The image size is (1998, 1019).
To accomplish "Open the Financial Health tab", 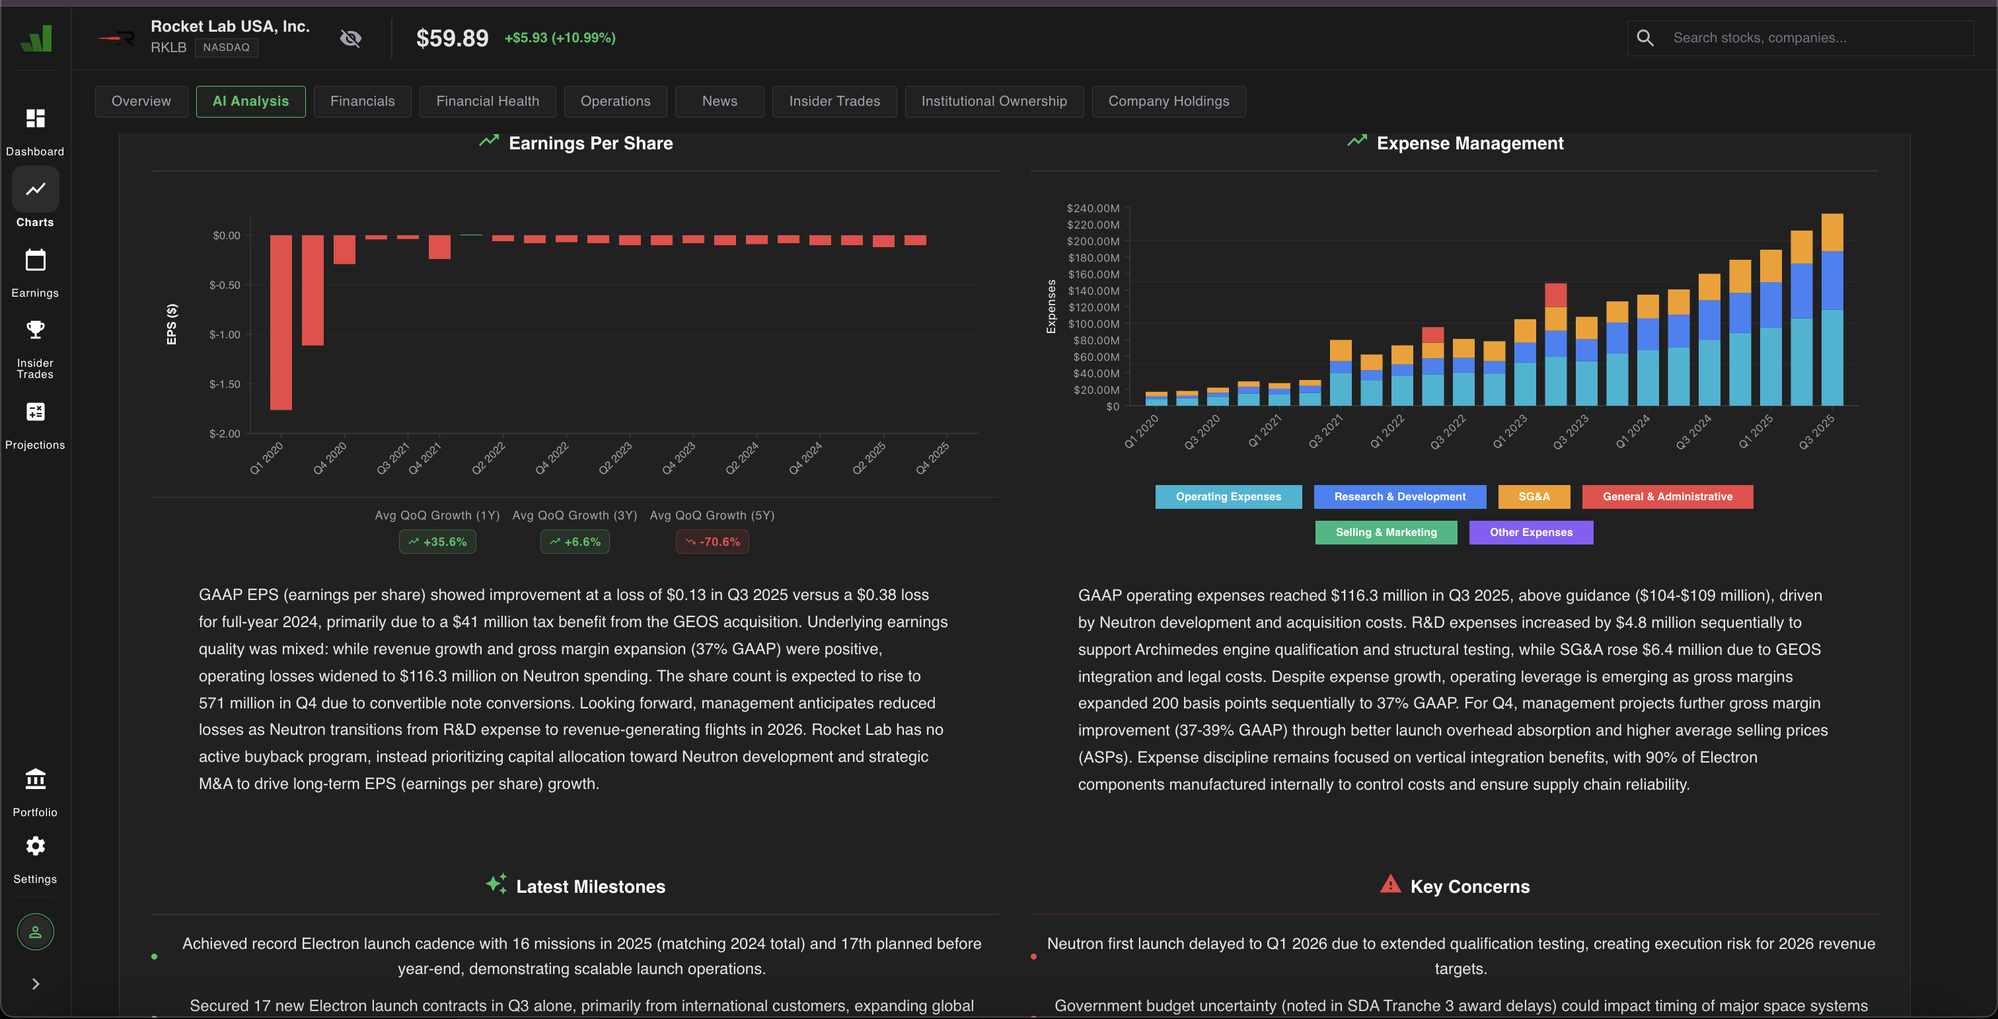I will (487, 102).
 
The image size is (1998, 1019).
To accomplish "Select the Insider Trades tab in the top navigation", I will (834, 102).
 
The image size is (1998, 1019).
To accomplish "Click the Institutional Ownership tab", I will (994, 102).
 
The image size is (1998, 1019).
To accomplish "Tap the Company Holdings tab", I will (1168, 102).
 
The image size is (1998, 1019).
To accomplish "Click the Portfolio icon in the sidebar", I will (35, 778).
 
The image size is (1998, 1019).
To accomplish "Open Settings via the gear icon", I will (35, 846).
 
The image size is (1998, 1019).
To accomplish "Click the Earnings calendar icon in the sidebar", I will (35, 260).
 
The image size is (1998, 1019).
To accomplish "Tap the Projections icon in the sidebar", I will (35, 412).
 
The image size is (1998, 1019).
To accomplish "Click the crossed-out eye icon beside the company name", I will (351, 38).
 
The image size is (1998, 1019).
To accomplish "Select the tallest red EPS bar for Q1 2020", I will (281, 322).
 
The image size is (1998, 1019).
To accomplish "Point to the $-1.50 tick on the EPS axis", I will (225, 385).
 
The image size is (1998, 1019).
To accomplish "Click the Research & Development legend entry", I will (1399, 497).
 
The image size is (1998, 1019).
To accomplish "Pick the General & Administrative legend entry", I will (1667, 497).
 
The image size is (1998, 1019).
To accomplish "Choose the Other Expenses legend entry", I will (1530, 533).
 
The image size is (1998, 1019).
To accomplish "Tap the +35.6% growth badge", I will (437, 542).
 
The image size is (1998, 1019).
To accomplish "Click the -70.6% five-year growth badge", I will (712, 542).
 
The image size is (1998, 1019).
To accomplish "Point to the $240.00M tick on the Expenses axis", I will (1093, 209).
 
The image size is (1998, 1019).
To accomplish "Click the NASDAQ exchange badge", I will (226, 48).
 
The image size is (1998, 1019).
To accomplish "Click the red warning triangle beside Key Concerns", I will (1390, 884).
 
